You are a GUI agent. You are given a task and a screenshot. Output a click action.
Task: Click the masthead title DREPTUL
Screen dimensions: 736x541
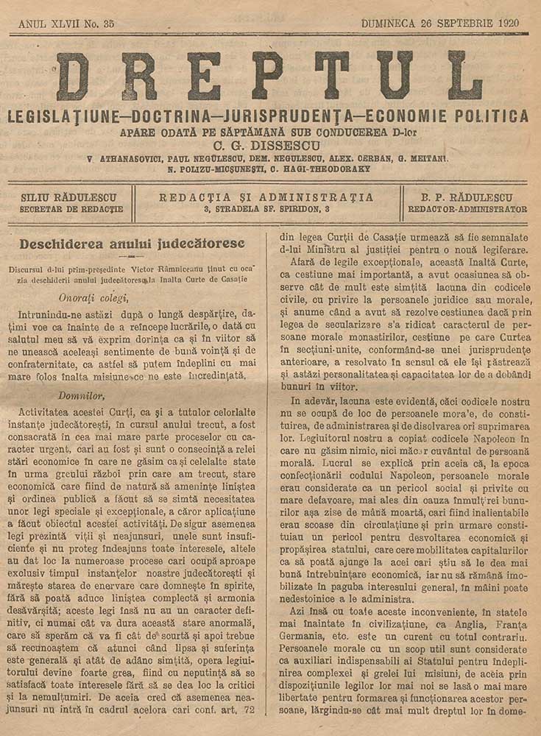click(x=269, y=77)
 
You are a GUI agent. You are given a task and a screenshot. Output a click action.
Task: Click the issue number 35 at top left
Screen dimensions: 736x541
click(x=108, y=24)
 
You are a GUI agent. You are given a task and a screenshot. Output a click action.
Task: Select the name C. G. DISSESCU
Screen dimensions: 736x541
click(x=271, y=145)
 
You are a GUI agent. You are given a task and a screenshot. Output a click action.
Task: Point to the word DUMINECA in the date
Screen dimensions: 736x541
click(x=389, y=23)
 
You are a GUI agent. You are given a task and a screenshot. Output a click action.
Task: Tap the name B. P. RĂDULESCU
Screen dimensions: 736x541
click(x=467, y=197)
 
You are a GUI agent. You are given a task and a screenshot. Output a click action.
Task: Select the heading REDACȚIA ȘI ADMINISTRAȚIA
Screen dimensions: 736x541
click(x=266, y=197)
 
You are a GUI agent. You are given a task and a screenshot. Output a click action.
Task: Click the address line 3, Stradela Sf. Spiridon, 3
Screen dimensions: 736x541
click(x=266, y=209)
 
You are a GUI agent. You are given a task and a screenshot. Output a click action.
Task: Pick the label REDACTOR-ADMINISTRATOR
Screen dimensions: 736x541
click(x=467, y=209)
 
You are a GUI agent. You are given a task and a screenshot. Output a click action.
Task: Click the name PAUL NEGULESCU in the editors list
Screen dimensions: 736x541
click(x=211, y=158)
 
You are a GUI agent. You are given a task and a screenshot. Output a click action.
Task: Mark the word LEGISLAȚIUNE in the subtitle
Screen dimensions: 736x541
click(x=57, y=116)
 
